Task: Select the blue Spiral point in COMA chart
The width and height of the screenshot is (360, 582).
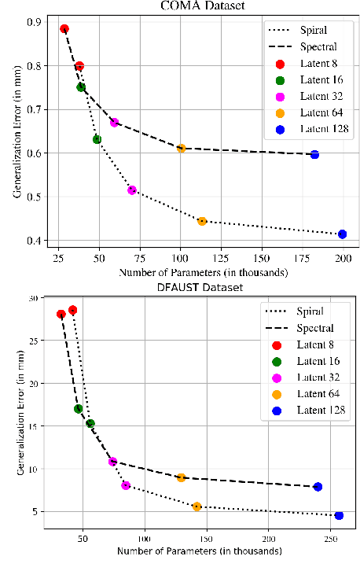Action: pos(342,234)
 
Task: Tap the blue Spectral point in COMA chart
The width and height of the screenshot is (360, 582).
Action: pos(314,154)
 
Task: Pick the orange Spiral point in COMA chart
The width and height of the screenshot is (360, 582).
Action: pos(202,221)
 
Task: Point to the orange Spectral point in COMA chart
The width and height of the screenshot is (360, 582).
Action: pos(181,148)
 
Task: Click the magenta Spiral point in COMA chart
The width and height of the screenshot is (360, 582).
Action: pos(132,190)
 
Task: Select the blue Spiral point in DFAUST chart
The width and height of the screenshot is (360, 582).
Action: pos(339,515)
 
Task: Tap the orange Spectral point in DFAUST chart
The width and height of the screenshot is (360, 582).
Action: pos(181,477)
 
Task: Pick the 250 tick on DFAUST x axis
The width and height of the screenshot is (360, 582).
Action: pos(330,540)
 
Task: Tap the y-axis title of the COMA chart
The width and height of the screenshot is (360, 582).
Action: pos(16,130)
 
